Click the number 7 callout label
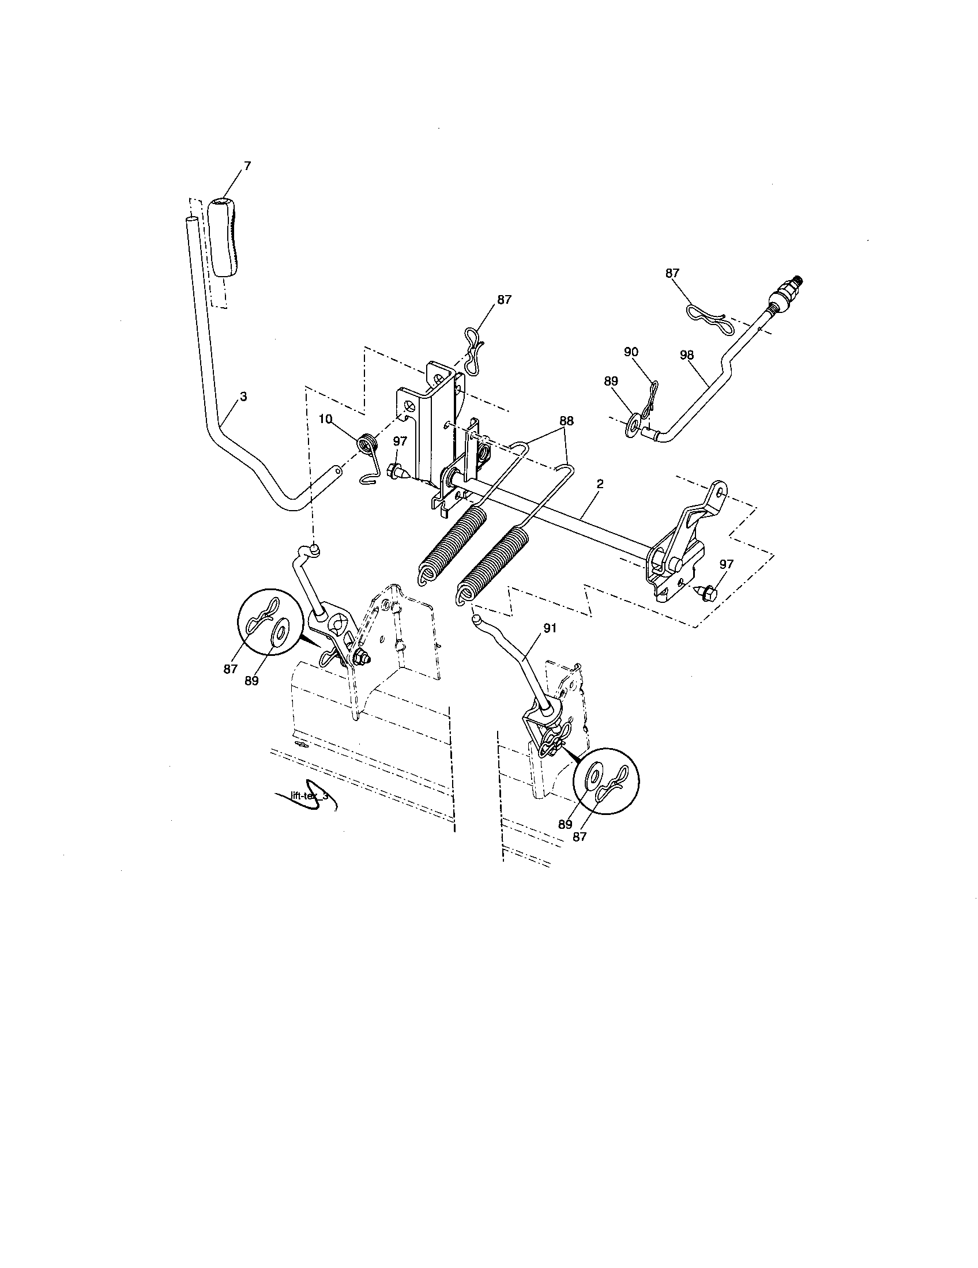coord(247,166)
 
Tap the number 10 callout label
coord(325,419)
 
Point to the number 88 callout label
coord(566,421)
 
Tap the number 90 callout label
coord(631,352)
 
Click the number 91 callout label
coord(550,628)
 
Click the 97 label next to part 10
coord(400,441)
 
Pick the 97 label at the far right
coord(726,564)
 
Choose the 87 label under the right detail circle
coord(579,837)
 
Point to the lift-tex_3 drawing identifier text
coord(309,796)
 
